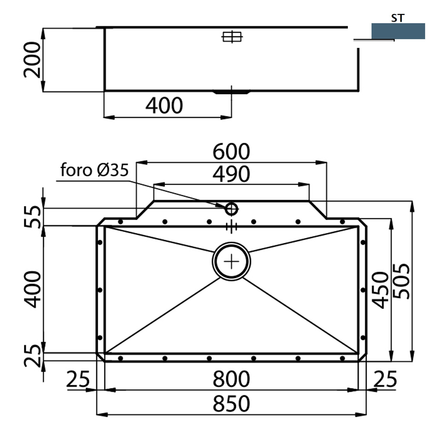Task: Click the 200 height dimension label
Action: (x=32, y=59)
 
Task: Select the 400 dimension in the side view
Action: (x=164, y=106)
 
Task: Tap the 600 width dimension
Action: (x=231, y=152)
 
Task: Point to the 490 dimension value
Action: (x=231, y=174)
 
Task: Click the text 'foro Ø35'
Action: (x=94, y=171)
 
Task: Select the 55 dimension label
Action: (x=32, y=216)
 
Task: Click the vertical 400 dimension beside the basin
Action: (x=32, y=289)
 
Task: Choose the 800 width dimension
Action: (x=231, y=379)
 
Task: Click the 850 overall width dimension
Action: (x=231, y=403)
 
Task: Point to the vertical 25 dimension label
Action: (x=32, y=356)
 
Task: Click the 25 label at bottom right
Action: (x=385, y=380)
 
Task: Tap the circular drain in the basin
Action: (x=231, y=261)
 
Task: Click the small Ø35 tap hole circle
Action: (x=231, y=209)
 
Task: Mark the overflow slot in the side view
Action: (x=231, y=37)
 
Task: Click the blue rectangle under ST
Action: (x=398, y=31)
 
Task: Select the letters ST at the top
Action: (x=397, y=18)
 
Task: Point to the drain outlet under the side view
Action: (x=231, y=93)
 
